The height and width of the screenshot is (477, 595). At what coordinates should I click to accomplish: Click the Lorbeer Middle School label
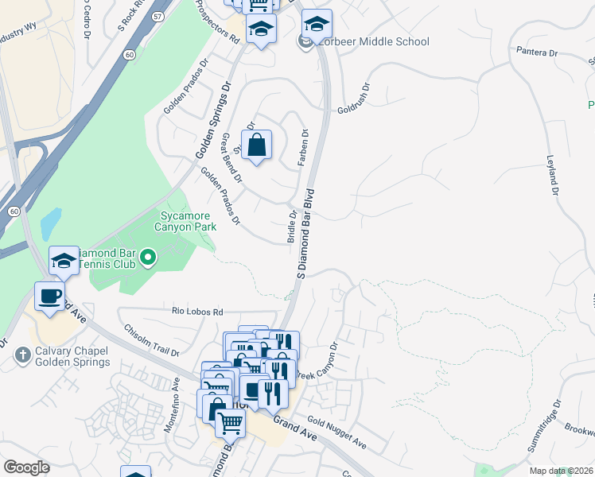point(372,41)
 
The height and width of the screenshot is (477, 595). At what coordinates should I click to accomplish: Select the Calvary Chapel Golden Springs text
point(72,357)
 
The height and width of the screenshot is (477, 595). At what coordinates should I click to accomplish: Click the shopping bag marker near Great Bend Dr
point(256,146)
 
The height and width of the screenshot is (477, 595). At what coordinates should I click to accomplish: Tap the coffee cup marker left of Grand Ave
point(51,297)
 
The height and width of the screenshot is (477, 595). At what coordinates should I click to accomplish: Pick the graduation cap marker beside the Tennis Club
point(64,261)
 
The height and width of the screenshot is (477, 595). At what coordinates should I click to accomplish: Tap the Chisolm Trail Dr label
point(150,340)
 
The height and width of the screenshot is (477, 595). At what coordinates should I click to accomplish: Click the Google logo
point(27,467)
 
